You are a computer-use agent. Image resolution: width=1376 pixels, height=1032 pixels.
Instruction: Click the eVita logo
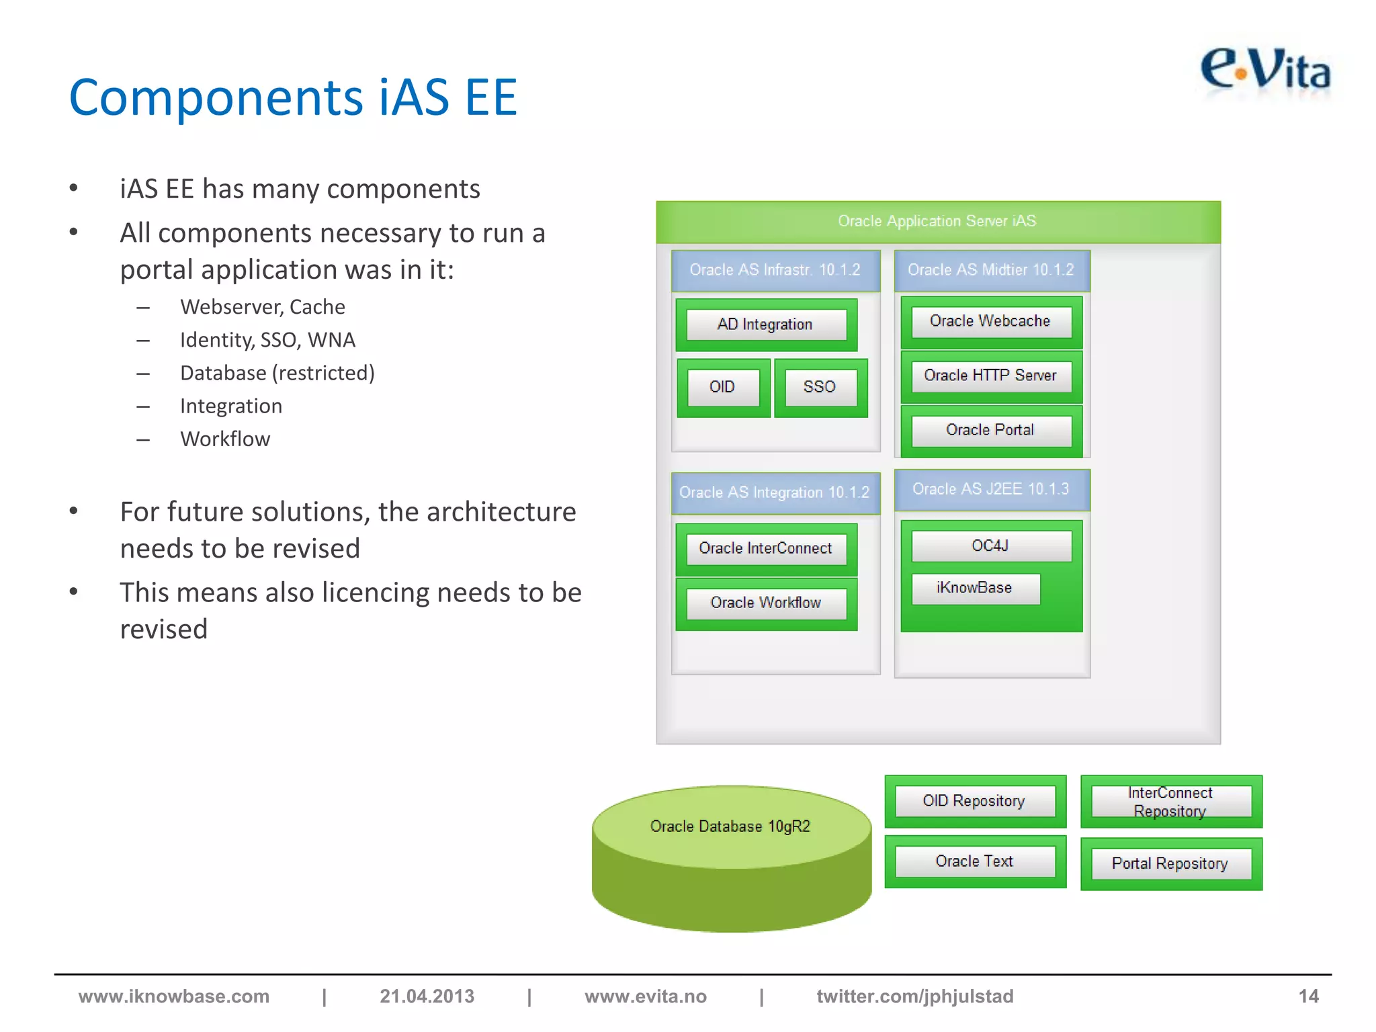(x=1264, y=71)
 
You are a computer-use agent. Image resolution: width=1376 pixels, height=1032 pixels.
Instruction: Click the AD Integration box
(x=765, y=325)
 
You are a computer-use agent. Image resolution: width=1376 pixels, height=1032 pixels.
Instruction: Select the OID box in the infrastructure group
(x=722, y=387)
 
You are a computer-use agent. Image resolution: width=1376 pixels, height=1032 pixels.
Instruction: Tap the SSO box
(x=820, y=387)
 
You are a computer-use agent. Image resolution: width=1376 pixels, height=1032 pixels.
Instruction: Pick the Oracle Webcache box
(x=990, y=321)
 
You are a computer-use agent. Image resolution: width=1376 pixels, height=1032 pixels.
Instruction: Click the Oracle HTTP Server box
(x=990, y=376)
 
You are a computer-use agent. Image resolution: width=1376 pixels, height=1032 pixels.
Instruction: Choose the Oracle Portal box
(x=990, y=430)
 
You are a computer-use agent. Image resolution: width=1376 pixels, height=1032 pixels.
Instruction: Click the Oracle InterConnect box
(x=765, y=548)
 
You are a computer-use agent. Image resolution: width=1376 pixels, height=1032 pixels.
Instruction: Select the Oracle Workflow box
(x=765, y=603)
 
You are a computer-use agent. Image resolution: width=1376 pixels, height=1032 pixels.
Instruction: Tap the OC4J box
(x=990, y=546)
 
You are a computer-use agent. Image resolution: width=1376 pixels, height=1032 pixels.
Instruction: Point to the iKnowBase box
(x=974, y=588)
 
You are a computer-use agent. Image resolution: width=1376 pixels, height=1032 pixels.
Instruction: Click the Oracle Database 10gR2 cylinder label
(x=730, y=826)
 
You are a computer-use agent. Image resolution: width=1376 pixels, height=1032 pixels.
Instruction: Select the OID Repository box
(x=974, y=801)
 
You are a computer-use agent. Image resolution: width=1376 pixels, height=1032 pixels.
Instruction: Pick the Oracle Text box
(x=974, y=861)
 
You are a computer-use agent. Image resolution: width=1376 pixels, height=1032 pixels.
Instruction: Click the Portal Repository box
(x=1170, y=864)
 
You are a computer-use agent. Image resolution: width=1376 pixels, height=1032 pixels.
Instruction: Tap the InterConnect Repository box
(x=1170, y=802)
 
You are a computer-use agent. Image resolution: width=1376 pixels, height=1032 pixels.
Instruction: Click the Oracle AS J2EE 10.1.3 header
(x=991, y=489)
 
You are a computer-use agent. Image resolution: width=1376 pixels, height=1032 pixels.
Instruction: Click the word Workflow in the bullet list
(x=225, y=439)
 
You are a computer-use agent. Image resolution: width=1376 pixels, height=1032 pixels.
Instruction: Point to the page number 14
(x=1308, y=996)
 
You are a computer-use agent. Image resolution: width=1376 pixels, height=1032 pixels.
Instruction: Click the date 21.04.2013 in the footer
(x=427, y=996)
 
